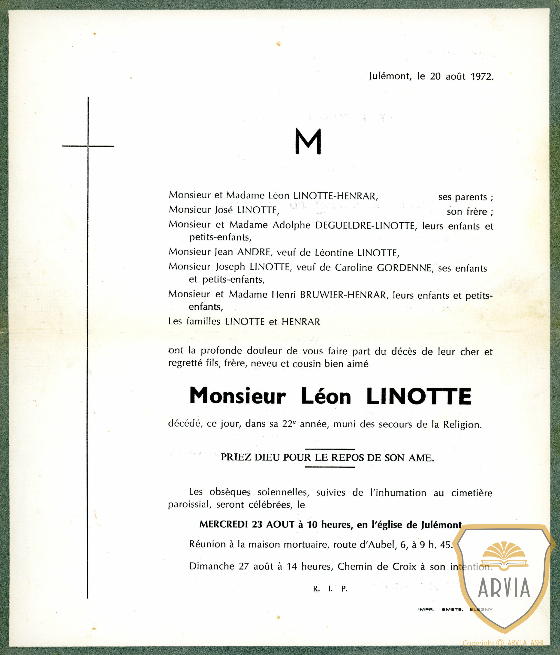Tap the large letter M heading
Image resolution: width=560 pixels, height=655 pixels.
(308, 142)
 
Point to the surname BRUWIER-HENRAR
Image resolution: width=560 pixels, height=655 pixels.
(343, 295)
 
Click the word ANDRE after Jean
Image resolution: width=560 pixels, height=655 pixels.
(254, 252)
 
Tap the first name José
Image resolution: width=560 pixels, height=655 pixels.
(224, 210)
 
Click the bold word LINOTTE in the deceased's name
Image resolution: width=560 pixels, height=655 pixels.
(419, 396)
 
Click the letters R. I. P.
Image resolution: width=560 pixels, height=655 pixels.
(330, 589)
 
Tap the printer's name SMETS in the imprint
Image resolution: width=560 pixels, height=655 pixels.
(452, 609)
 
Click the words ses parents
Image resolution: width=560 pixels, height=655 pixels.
(465, 197)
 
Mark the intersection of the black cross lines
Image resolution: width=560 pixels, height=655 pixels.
(88, 146)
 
